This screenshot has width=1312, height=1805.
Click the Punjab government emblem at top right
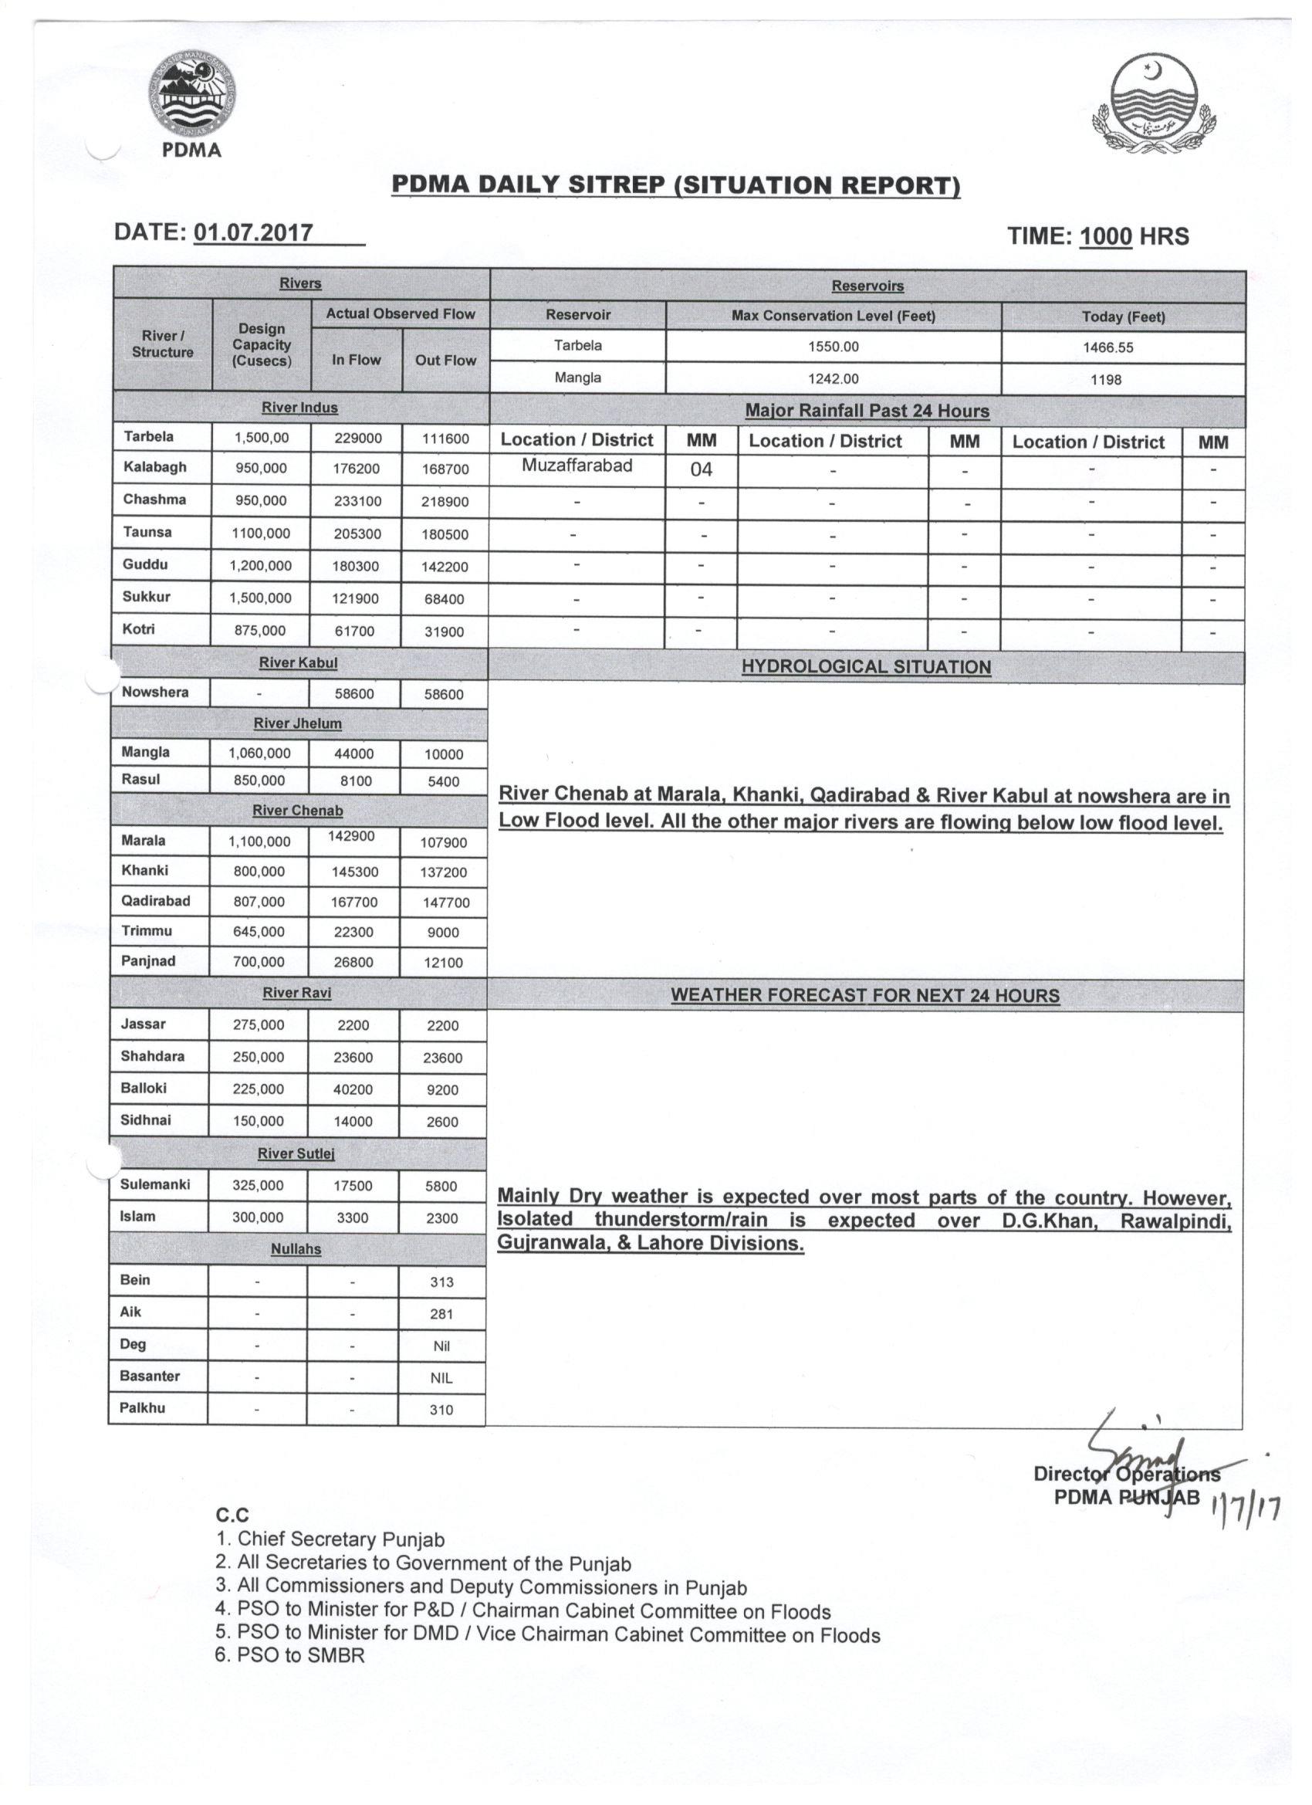click(1154, 105)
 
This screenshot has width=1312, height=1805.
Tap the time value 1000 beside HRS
click(1105, 236)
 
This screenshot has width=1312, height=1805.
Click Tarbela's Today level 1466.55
click(1123, 347)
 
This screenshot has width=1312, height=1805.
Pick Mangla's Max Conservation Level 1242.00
click(833, 379)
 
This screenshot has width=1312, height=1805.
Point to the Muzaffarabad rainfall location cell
click(577, 466)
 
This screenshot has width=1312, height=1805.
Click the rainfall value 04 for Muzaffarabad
click(701, 469)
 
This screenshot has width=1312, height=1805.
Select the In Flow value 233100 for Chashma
click(357, 501)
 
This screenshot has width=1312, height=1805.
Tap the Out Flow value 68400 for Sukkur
click(444, 599)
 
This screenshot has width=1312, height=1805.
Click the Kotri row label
click(139, 629)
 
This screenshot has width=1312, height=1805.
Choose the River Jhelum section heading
click(298, 723)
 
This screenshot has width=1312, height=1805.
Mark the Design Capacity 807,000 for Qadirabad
click(259, 902)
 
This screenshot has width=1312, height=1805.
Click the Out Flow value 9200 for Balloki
click(442, 1089)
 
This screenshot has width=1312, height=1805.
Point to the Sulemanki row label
click(155, 1184)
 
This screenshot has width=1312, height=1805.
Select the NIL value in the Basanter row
click(441, 1377)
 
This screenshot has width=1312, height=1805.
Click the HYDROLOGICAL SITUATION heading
click(866, 667)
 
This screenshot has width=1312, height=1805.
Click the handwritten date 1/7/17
click(1244, 1505)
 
